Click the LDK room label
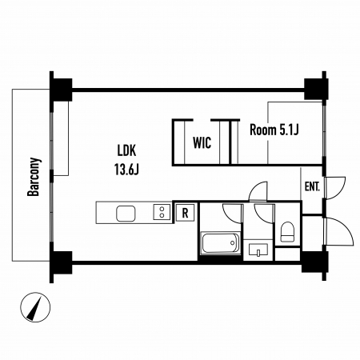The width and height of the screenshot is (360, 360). coord(127,150)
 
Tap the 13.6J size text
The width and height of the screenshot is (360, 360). coord(126,169)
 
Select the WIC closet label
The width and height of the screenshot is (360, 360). coord(202,142)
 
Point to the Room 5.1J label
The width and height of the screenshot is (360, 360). coord(274,130)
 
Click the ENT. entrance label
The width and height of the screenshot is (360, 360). coord(312,186)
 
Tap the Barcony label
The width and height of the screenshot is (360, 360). coord(34,177)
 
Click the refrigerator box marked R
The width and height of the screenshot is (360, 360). coord(185,213)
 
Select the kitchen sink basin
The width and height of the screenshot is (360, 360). coord(126,214)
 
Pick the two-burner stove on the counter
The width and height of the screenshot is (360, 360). coord(162,212)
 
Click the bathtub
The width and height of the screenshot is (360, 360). coord(221,243)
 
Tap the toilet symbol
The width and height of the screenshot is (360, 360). coord(287,231)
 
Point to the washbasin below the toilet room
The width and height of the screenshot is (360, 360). coord(258,250)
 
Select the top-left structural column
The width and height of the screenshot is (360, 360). coord(61,90)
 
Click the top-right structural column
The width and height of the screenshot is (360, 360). coord(315,90)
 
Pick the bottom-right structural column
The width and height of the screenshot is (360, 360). coord(314,262)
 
